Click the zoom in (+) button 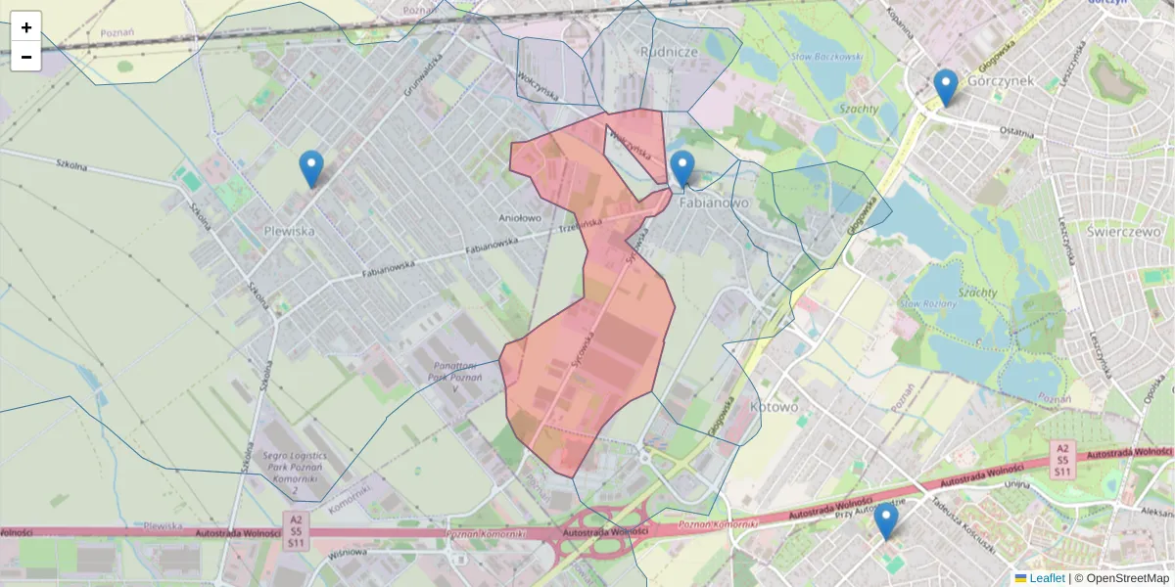pyautogui.click(x=25, y=26)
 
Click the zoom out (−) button pyautogui.click(x=25, y=57)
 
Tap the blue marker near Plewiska pyautogui.click(x=311, y=169)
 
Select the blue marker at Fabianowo pyautogui.click(x=682, y=170)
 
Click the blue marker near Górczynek pyautogui.click(x=945, y=88)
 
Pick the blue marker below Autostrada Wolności pyautogui.click(x=886, y=521)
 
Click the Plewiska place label pyautogui.click(x=289, y=231)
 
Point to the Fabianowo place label pyautogui.click(x=713, y=203)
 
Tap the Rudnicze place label pyautogui.click(x=668, y=50)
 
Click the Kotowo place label pyautogui.click(x=774, y=406)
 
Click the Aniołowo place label pyautogui.click(x=520, y=218)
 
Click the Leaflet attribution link pyautogui.click(x=1047, y=578)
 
